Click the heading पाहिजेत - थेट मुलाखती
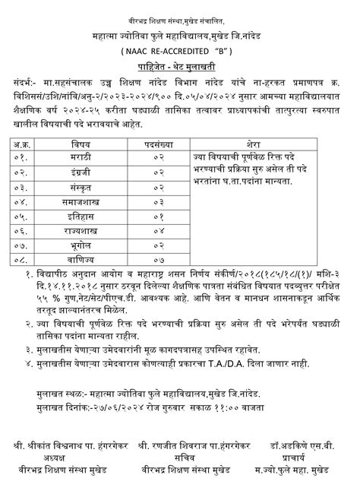(x=179, y=66)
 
